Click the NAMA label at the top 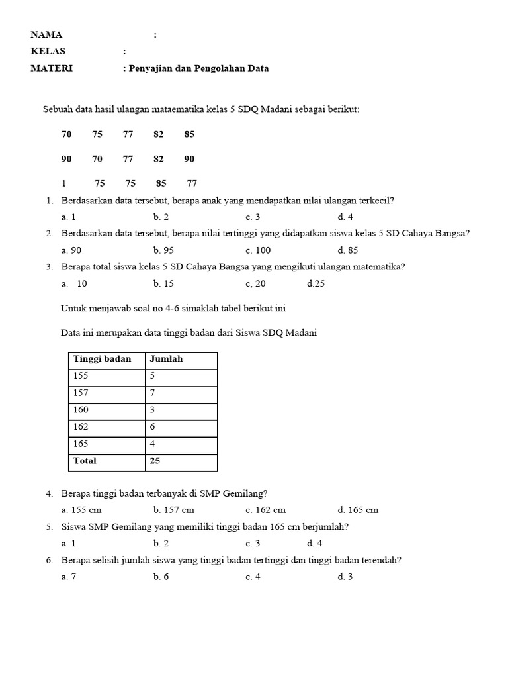(46, 35)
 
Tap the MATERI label (52, 68)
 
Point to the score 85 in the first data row (190, 134)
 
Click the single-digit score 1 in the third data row (64, 183)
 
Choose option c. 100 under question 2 (258, 250)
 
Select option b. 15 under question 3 (163, 284)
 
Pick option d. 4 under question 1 (345, 217)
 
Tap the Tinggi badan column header (102, 359)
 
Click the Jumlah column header (166, 359)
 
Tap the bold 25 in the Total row (155, 461)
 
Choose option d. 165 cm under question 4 (358, 510)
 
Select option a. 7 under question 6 (69, 577)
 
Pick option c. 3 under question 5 (253, 544)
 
